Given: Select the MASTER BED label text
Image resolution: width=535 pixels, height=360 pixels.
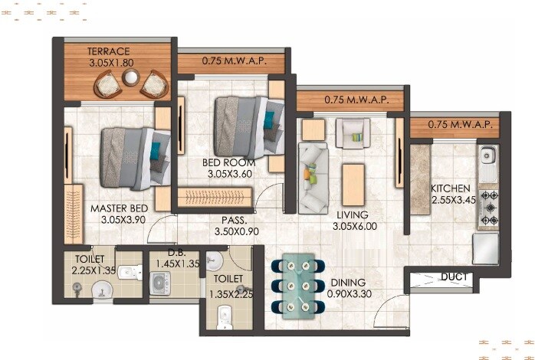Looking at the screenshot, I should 119,208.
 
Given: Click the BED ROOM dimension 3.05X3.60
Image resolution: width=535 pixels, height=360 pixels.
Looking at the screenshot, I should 231,174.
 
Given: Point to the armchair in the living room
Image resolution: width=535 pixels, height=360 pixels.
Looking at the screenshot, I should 353,135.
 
